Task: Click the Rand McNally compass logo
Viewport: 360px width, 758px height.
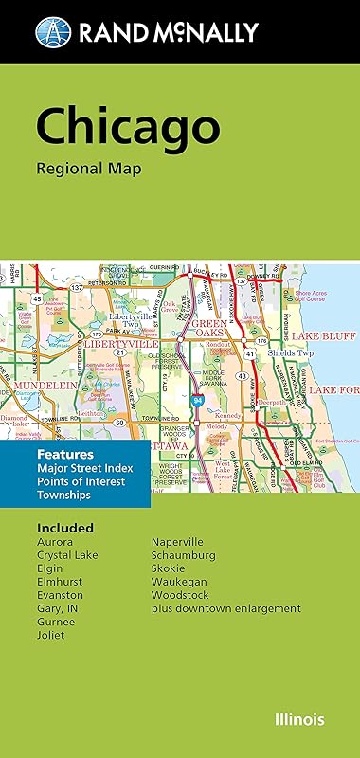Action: (53, 33)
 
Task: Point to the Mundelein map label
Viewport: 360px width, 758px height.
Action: (43, 388)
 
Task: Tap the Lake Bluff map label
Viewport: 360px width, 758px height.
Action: (322, 336)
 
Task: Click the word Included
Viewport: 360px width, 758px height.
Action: (65, 527)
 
